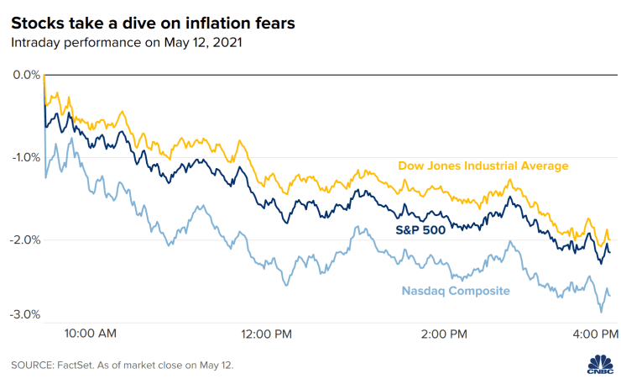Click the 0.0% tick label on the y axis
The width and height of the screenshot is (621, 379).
pos(26,75)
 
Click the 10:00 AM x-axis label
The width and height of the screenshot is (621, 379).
pos(91,334)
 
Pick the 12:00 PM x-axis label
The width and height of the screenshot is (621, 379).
pos(265,334)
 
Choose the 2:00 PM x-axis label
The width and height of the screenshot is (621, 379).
pos(443,334)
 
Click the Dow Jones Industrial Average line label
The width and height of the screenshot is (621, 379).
pos(483,166)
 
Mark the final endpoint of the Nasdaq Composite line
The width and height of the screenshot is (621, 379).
pos(610,295)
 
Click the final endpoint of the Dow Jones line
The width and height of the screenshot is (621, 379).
pos(610,240)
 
